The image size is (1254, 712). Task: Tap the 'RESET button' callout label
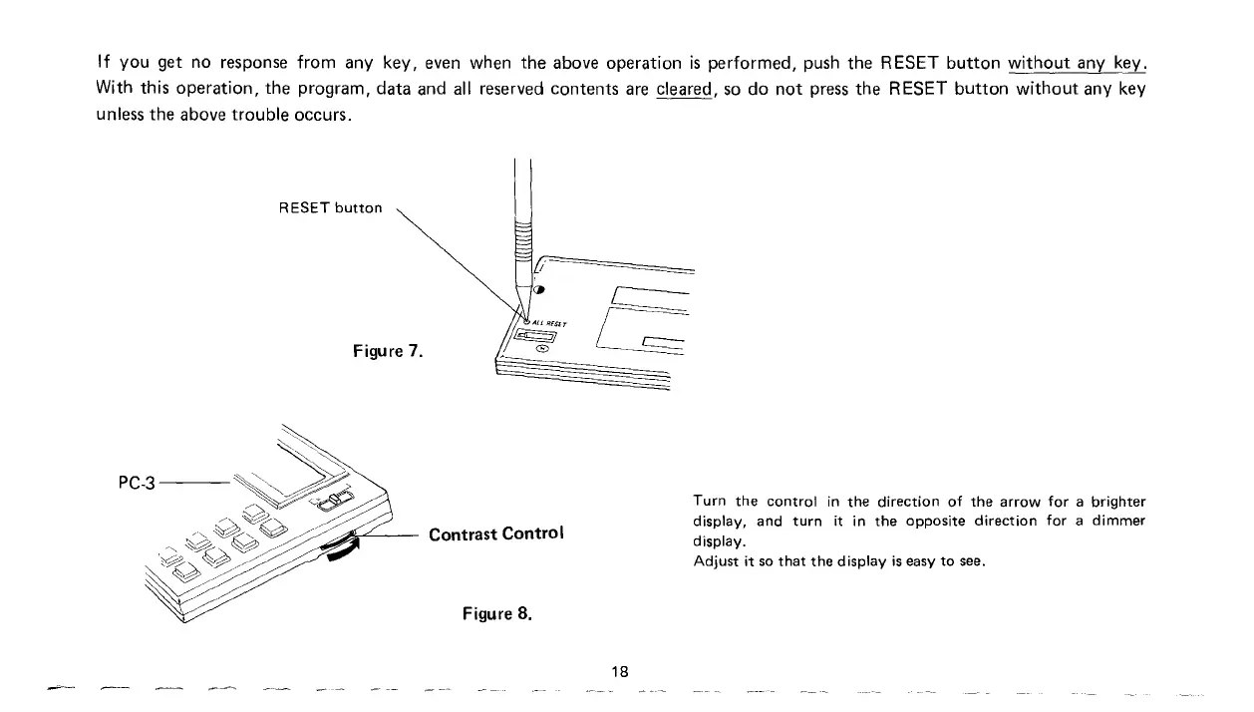tap(331, 208)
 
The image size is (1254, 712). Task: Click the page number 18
tap(622, 670)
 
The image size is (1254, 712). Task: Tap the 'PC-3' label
tap(137, 485)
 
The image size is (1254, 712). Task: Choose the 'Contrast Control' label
tap(495, 534)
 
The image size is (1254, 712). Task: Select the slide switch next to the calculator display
tap(337, 498)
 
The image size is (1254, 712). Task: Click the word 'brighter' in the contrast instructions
tap(1117, 501)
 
